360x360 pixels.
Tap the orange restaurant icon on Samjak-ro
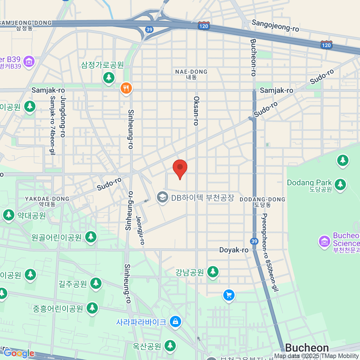[126, 88]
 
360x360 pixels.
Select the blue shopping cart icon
[229, 295]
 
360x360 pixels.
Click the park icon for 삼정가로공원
[109, 78]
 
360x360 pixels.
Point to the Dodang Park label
[309, 183]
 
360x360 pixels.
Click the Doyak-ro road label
[234, 250]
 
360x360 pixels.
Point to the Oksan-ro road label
[196, 111]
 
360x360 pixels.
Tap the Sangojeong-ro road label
[275, 25]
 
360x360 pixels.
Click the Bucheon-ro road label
[253, 57]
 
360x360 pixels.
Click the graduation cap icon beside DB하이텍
[163, 197]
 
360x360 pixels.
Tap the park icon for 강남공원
[213, 272]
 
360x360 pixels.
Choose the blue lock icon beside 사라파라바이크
[175, 322]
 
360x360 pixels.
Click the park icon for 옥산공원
[170, 346]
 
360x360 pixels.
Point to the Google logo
[19, 353]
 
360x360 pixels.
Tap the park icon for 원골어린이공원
[91, 237]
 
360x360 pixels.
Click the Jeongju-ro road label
[140, 230]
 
